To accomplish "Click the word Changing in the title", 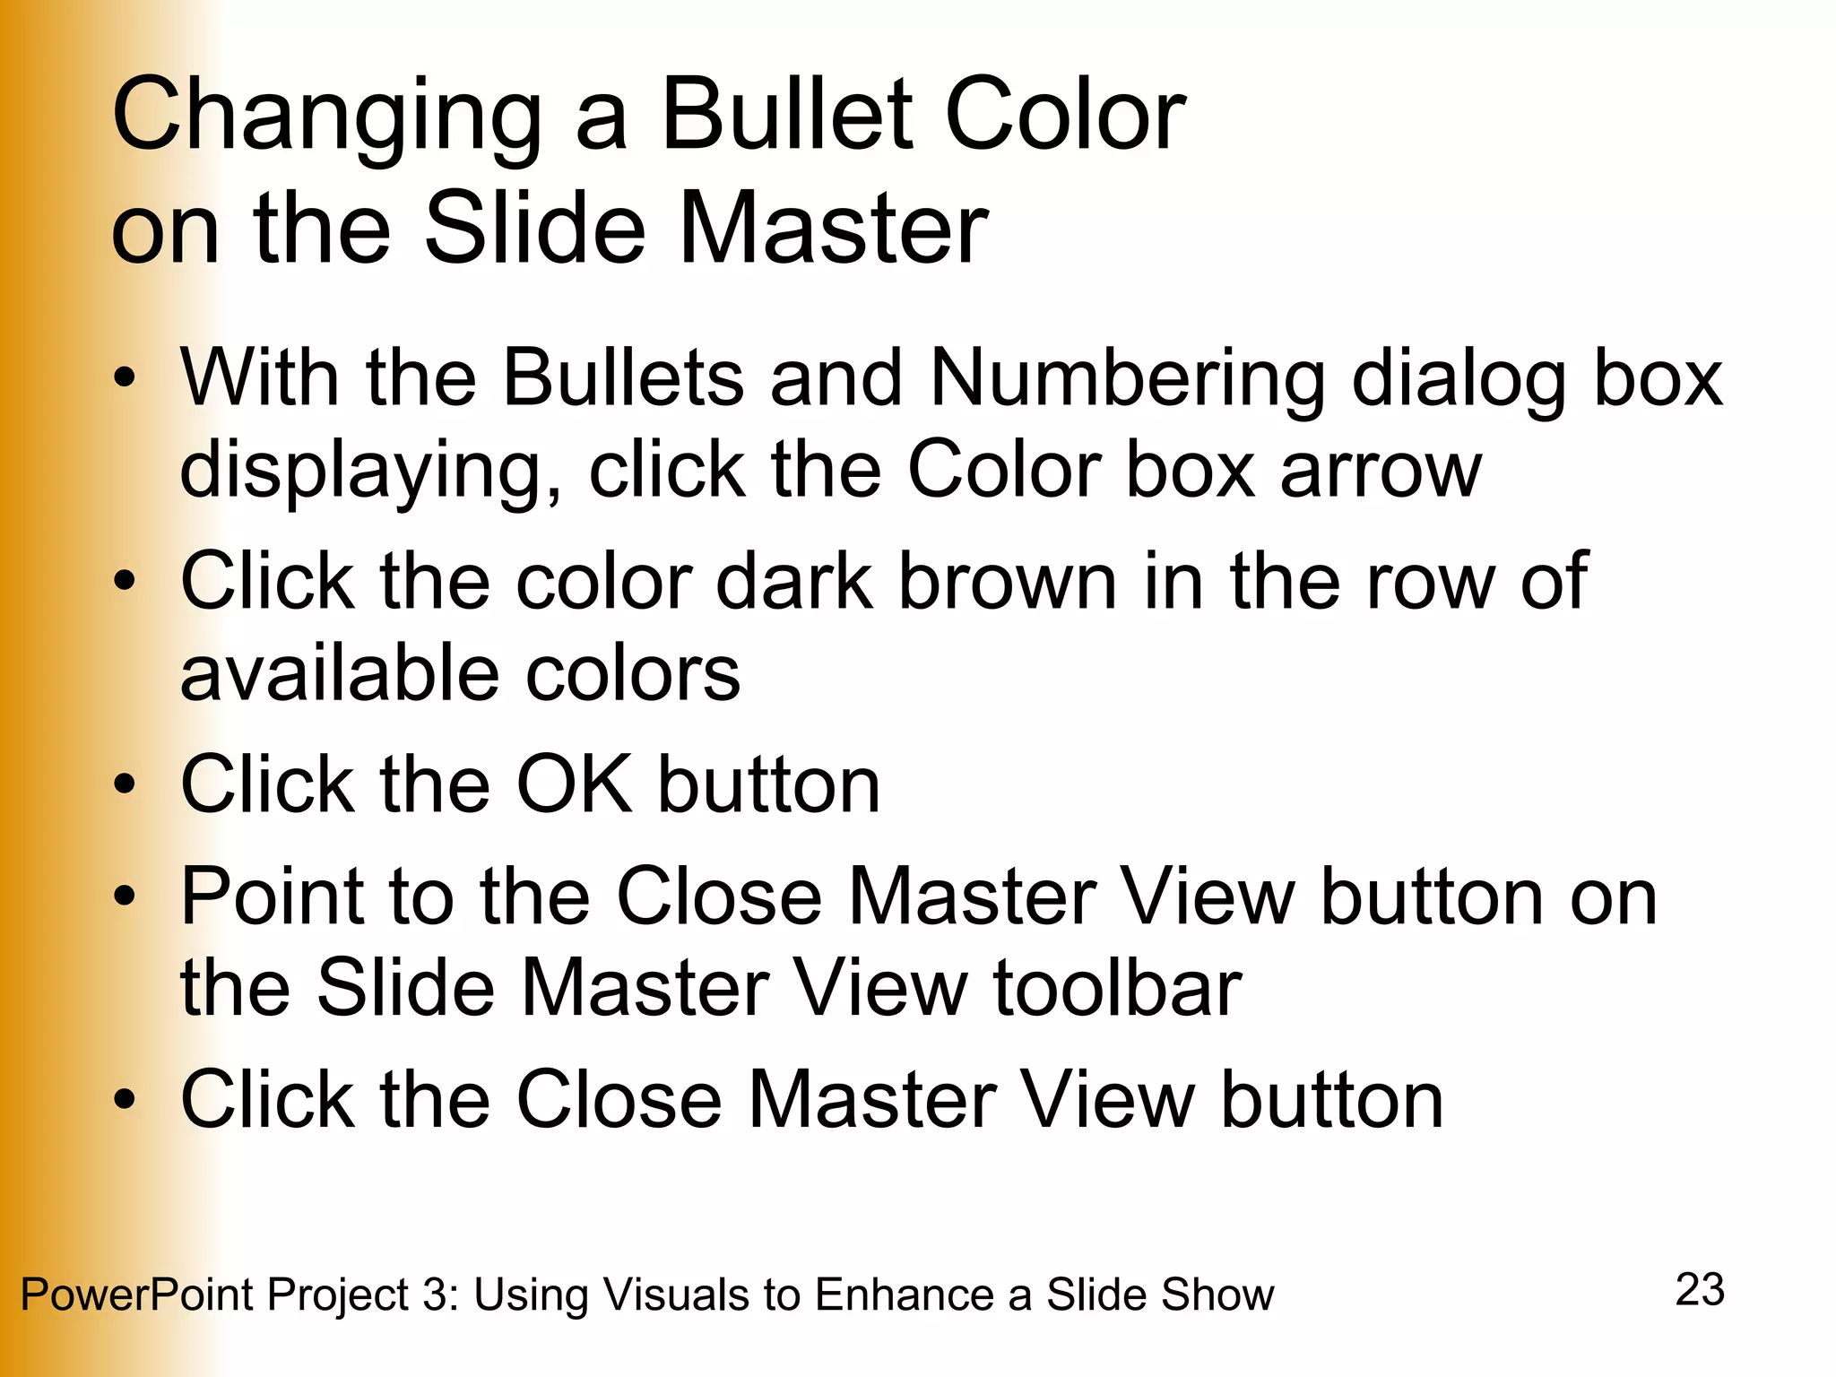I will (327, 117).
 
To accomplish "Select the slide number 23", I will (1700, 1290).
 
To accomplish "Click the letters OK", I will (574, 784).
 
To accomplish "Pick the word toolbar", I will (1117, 988).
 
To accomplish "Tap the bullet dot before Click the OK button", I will (125, 785).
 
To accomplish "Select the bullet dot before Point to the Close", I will (125, 896).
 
